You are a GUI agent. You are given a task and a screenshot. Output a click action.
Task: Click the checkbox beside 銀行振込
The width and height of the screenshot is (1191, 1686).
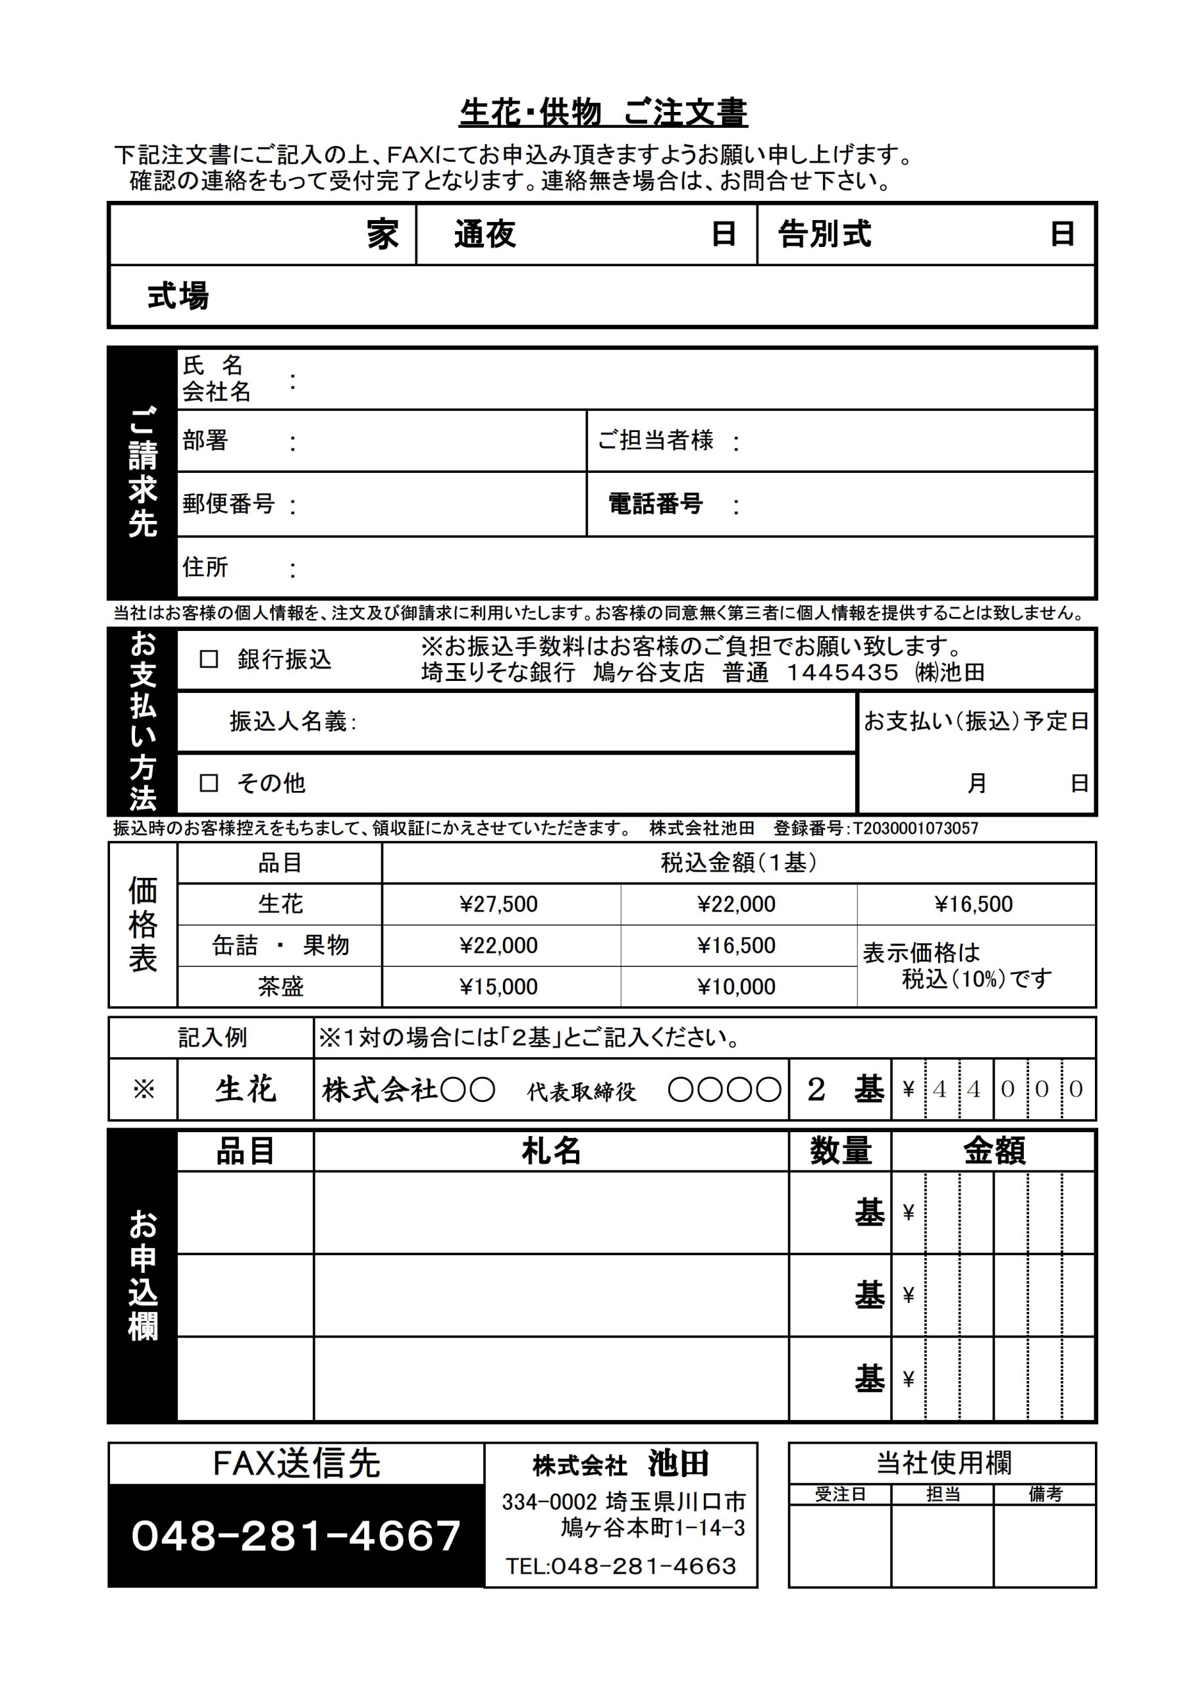209,659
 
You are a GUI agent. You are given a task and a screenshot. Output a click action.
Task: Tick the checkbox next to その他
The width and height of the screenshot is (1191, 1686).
209,783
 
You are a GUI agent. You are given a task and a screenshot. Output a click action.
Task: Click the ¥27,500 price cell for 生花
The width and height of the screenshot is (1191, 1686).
498,904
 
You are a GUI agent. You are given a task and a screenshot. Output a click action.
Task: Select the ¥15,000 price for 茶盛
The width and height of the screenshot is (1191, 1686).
498,986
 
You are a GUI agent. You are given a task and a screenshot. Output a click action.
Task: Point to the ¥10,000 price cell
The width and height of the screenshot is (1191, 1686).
737,986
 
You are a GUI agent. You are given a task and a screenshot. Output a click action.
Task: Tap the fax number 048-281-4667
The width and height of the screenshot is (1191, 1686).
296,1535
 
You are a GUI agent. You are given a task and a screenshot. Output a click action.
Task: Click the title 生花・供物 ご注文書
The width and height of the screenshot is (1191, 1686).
603,113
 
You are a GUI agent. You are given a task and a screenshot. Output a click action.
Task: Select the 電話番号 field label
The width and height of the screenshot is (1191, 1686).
655,504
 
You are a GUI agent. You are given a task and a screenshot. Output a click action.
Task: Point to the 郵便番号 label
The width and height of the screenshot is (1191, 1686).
228,504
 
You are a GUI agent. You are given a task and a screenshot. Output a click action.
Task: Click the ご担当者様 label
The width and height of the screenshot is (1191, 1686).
655,441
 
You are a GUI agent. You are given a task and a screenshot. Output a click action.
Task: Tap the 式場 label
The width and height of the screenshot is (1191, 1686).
178,296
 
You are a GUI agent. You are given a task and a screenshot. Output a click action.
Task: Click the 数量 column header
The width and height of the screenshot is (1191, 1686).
840,1151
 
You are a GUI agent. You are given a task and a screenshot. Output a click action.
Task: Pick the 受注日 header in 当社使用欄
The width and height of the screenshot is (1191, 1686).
840,1494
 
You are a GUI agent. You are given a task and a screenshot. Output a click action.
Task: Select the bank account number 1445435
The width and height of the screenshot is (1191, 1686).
842,672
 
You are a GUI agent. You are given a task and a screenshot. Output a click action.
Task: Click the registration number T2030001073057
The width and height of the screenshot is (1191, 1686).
916,829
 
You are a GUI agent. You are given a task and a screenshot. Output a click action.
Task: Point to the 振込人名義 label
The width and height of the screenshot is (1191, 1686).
292,722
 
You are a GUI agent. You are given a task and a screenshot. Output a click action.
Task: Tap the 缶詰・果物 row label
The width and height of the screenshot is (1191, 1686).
280,945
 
